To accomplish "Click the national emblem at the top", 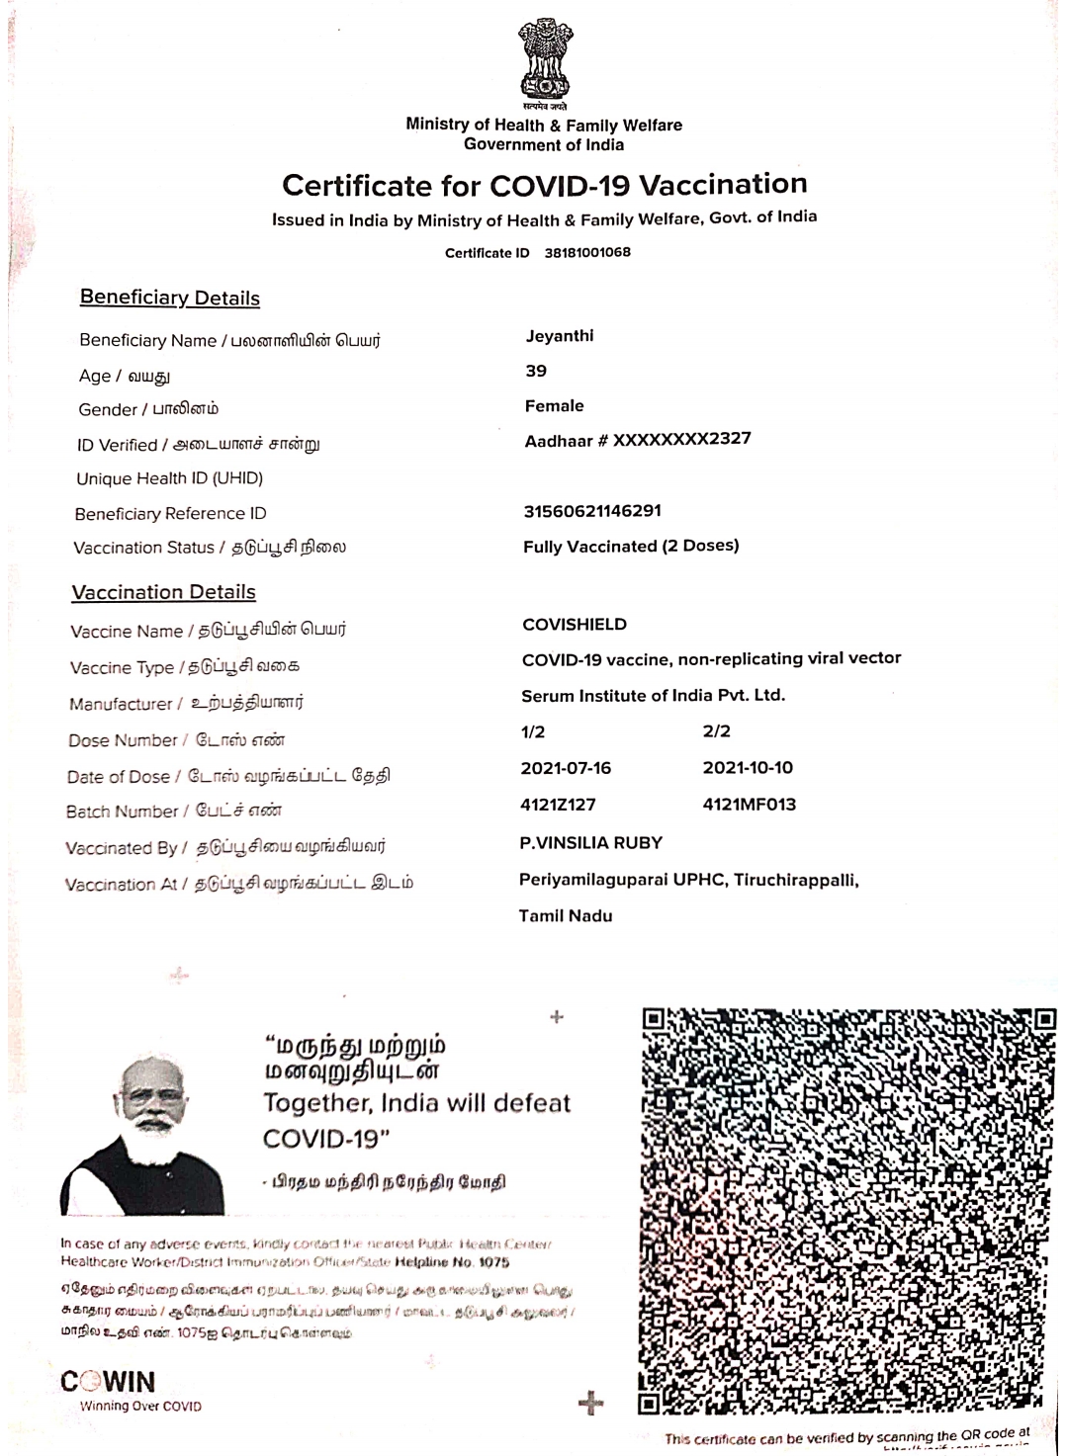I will (545, 61).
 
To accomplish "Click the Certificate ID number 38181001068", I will (587, 252).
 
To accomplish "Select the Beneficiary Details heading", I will (170, 298).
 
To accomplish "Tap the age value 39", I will (536, 371).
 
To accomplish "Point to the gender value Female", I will (555, 405).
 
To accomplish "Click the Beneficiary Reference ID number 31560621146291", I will (592, 511).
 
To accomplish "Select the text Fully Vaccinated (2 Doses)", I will (631, 546).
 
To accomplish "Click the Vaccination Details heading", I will (164, 592).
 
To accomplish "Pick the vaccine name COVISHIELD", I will (575, 624).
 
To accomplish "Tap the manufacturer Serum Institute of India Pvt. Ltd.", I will (654, 695).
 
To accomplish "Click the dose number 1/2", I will (533, 731).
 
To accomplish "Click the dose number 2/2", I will (717, 731).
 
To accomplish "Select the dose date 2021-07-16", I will (566, 768).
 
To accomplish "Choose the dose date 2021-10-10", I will (748, 768).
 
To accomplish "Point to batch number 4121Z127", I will (558, 805).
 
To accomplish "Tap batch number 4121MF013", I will (750, 805).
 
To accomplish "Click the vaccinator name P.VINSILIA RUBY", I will (591, 843).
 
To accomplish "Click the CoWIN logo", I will (109, 1382).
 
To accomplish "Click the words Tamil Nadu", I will (566, 916).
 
